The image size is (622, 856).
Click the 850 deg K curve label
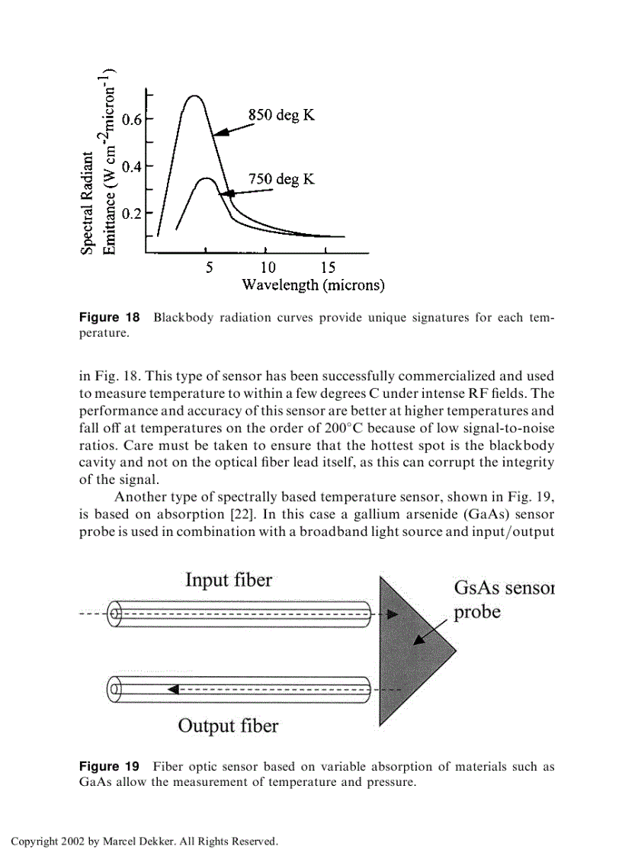[x=281, y=115]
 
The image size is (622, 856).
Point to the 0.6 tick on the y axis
[x=133, y=119]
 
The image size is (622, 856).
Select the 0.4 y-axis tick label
[x=133, y=166]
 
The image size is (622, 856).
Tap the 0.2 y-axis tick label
[x=133, y=213]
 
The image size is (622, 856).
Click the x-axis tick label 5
[x=208, y=268]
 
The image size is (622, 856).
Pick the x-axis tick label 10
[x=268, y=268]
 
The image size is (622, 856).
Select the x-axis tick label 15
[x=327, y=268]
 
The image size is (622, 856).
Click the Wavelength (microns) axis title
[x=313, y=285]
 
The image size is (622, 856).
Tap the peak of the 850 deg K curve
[x=194, y=96]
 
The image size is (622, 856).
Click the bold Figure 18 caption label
[x=110, y=317]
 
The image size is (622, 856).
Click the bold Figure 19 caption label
[x=110, y=766]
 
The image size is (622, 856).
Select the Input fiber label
[x=228, y=580]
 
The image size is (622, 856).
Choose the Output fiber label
[x=228, y=725]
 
